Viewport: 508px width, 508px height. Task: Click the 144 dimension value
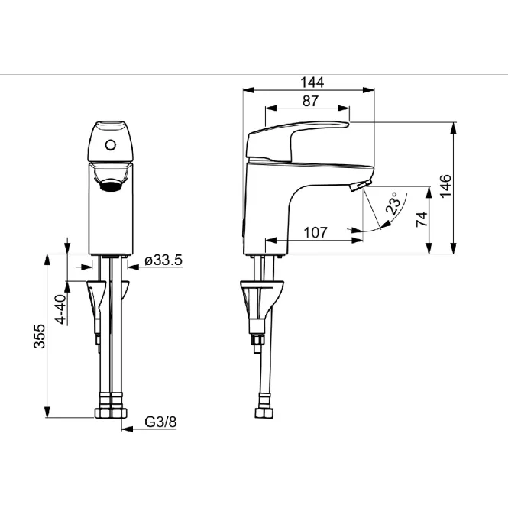[312, 83]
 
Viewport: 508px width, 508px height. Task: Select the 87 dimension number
[310, 101]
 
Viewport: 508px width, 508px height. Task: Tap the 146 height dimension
[446, 186]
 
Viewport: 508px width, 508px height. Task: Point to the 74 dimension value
[422, 219]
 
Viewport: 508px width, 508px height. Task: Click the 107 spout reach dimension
[315, 232]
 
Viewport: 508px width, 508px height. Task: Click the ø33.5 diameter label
[163, 260]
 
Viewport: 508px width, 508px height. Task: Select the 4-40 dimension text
[61, 309]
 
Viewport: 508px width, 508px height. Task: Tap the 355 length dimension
[40, 336]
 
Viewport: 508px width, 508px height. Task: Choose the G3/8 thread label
[160, 422]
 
